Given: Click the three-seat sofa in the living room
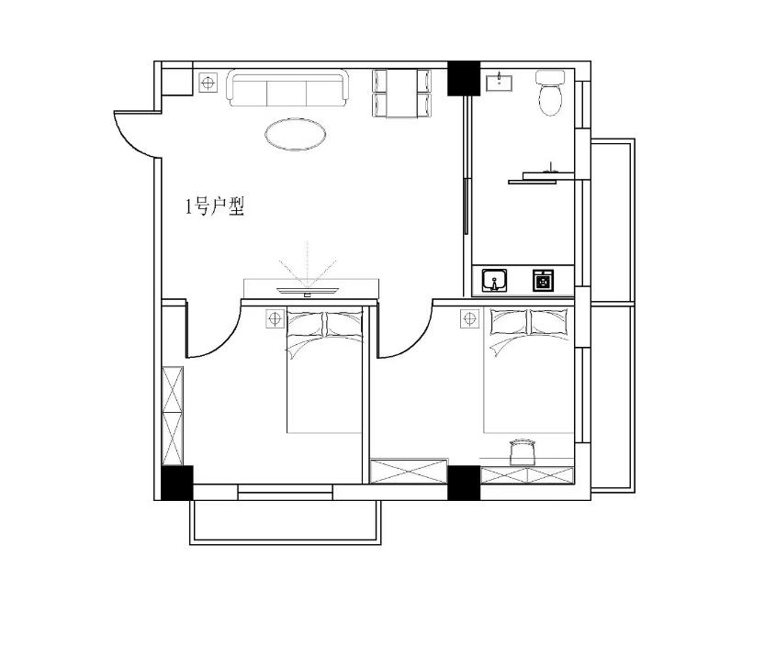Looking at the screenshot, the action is (287, 88).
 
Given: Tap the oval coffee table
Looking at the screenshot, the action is (296, 134).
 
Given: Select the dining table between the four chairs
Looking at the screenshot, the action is (402, 94).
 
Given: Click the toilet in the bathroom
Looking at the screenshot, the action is (550, 93).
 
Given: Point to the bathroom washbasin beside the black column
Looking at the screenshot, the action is (499, 82).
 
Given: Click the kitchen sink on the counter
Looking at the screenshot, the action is (495, 281).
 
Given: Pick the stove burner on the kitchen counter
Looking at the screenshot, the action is (542, 281).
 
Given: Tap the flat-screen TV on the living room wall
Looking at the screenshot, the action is (308, 291).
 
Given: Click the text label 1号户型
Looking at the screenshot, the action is (215, 206).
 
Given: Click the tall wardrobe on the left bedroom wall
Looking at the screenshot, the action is (173, 416).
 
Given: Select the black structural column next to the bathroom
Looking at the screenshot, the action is (464, 78).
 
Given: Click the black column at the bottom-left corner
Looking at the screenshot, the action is (177, 483).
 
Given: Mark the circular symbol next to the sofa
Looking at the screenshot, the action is (208, 83).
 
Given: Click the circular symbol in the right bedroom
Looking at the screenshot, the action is (470, 319).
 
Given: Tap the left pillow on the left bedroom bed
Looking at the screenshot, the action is (305, 323).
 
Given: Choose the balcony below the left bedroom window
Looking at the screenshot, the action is (286, 522).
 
